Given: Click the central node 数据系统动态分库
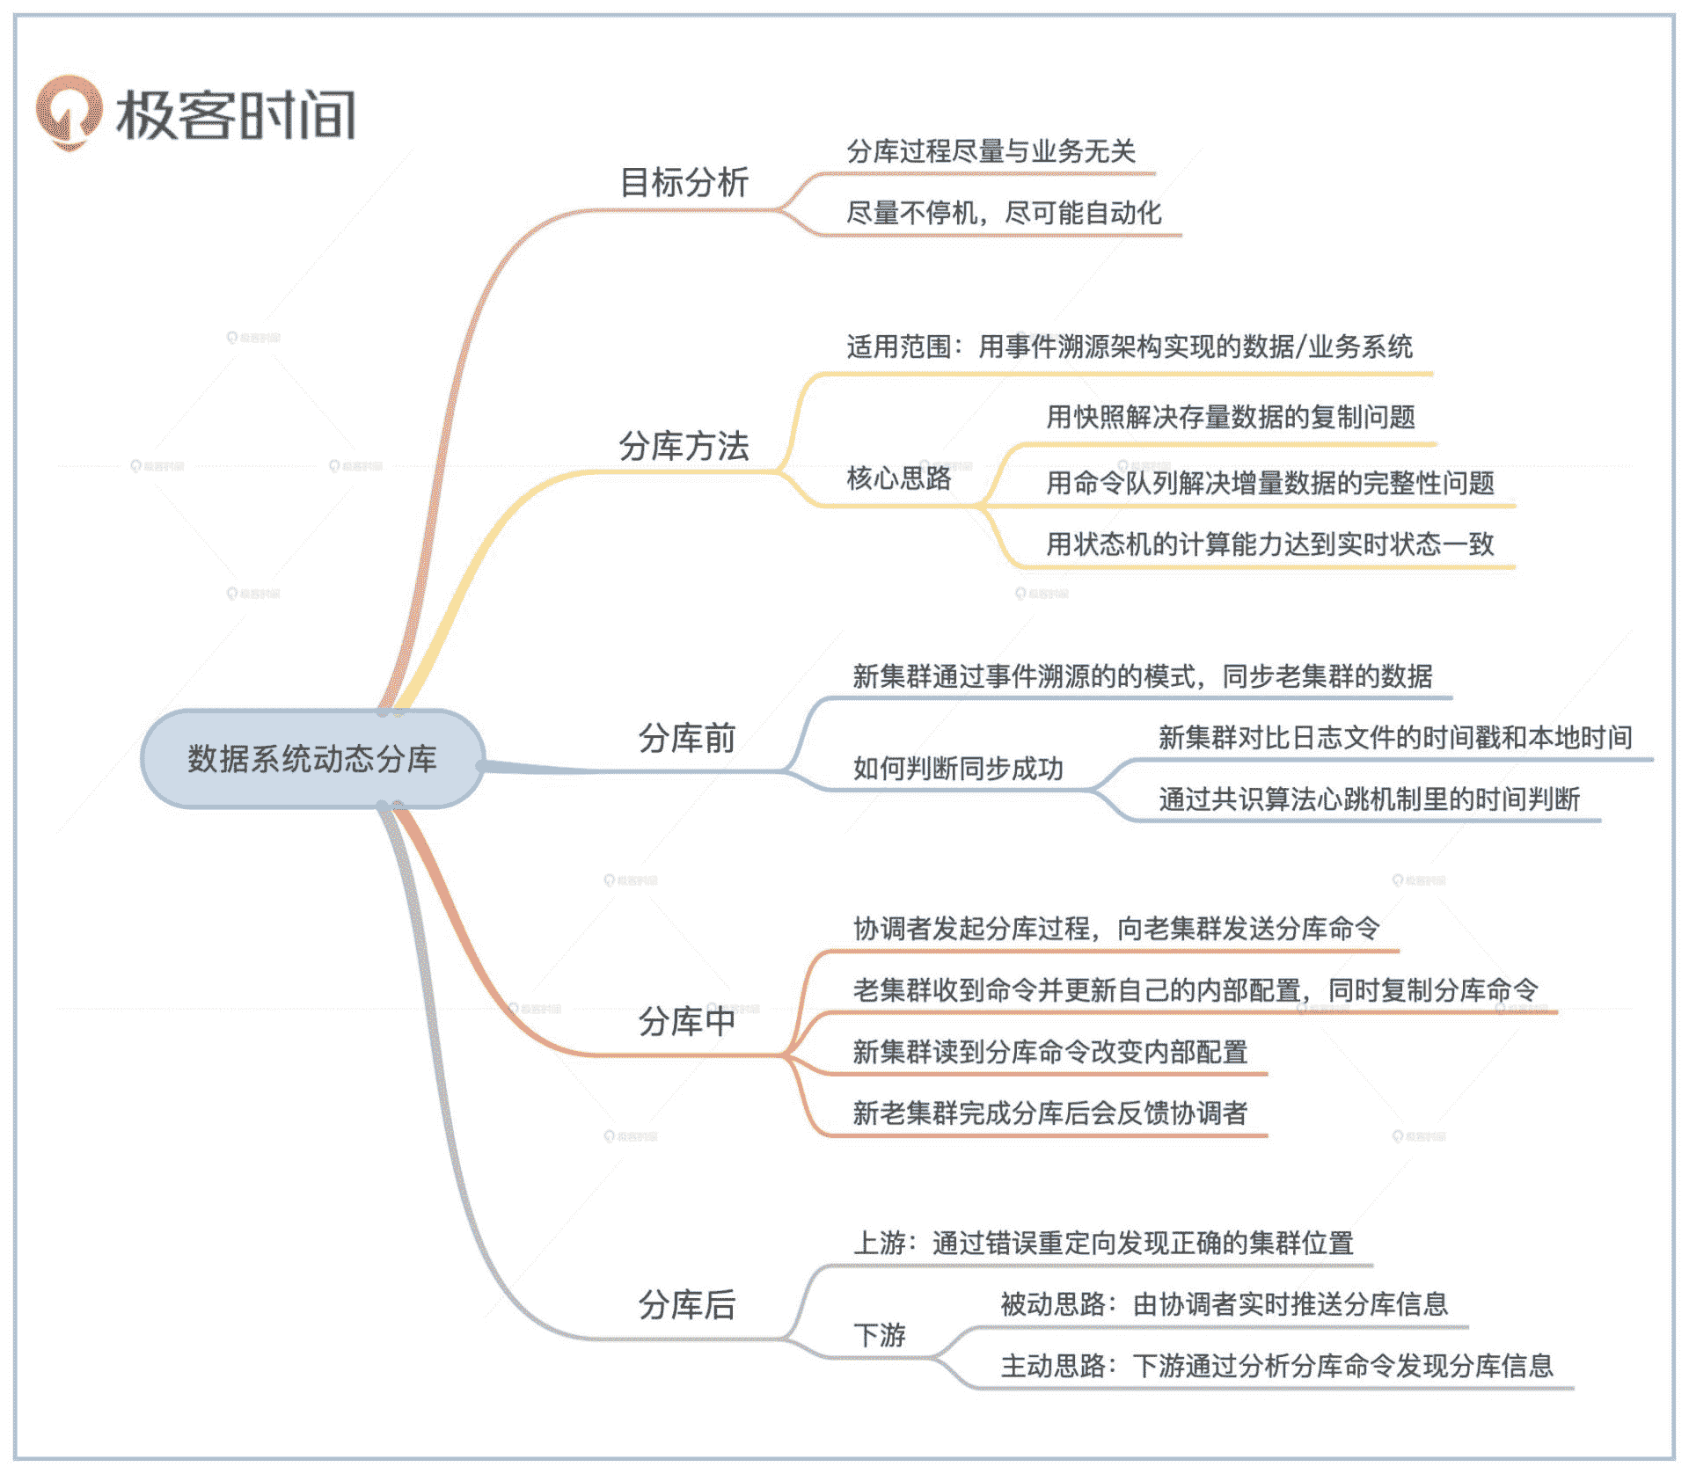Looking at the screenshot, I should pos(312,759).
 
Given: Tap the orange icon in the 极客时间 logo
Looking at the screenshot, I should pos(68,113).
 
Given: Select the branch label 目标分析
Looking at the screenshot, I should pos(684,183).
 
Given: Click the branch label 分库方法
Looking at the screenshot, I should pos(684,446).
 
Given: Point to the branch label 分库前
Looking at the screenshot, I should pos(687,739).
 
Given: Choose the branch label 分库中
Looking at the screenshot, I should pos(687,1022).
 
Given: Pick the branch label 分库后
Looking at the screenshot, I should pos(687,1305).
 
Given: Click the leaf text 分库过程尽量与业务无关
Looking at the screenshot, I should pos(991,151).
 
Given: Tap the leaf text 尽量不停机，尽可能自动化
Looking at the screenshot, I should pos(1004,213).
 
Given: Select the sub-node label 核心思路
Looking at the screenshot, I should pos(899,478).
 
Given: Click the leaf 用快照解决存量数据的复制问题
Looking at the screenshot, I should pos(1231,417).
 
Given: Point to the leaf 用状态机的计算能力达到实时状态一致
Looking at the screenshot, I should pos(1269,544).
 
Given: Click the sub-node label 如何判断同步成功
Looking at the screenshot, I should pos(958,769).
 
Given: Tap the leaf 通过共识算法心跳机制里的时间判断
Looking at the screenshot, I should pos(1369,799).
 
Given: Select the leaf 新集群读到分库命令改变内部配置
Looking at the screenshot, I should pos(1049,1052).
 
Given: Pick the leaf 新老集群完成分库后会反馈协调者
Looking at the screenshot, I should pos(1049,1113).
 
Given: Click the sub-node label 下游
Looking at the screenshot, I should pos(880,1335).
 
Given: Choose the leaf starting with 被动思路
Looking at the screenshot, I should pos(1224,1304).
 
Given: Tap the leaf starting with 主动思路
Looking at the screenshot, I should pos(1276,1366).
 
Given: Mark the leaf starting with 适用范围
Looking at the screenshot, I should pos(1130,347).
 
